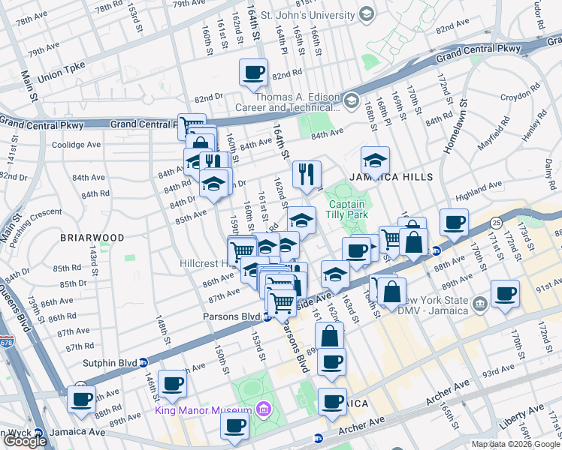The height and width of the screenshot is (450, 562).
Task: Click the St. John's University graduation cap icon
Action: click(x=366, y=13)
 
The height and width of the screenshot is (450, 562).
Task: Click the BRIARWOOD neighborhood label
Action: click(x=92, y=238)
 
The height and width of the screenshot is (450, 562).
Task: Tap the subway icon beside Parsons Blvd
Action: click(x=267, y=317)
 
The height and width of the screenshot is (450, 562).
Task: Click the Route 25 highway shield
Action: click(x=497, y=223)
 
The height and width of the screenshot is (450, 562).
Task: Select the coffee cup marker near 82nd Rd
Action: click(x=253, y=73)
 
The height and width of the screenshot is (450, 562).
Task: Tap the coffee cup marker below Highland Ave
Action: click(x=454, y=222)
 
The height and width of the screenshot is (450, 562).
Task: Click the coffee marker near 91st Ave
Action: click(x=505, y=293)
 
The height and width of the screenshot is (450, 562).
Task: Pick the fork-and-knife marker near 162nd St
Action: click(x=307, y=174)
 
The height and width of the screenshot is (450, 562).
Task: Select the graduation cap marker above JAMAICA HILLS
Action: click(x=375, y=160)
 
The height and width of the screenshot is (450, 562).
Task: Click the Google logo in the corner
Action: click(x=25, y=441)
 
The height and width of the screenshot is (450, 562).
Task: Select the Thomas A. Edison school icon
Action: click(x=351, y=100)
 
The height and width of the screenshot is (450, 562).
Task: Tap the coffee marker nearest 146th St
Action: click(x=172, y=383)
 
